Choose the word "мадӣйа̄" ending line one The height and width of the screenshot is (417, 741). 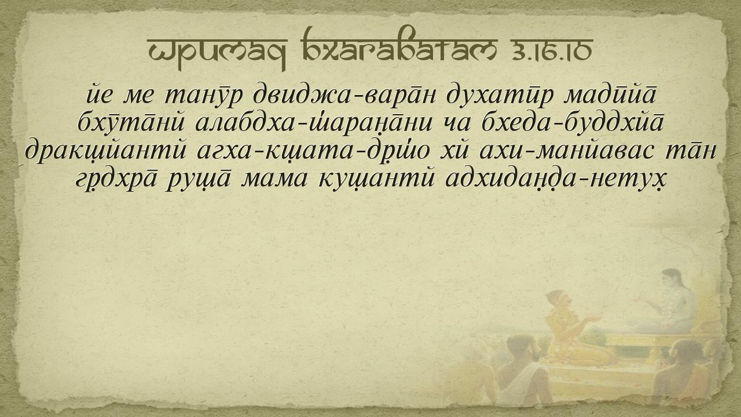pyautogui.click(x=611, y=94)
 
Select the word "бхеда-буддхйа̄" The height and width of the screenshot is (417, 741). pyautogui.click(x=573, y=122)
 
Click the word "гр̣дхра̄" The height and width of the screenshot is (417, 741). pyautogui.click(x=116, y=180)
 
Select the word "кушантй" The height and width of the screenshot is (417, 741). pyautogui.click(x=376, y=180)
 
